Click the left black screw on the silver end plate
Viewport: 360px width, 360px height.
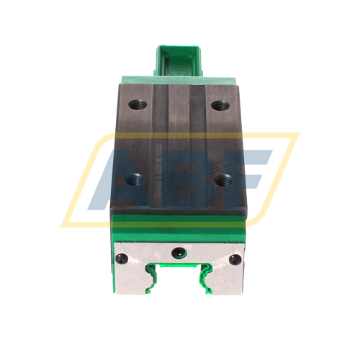click(x=122, y=258)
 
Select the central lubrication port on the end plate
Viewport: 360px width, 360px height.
click(x=178, y=252)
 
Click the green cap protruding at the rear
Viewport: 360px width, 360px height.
click(x=179, y=61)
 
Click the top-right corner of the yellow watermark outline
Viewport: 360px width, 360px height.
click(x=295, y=135)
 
